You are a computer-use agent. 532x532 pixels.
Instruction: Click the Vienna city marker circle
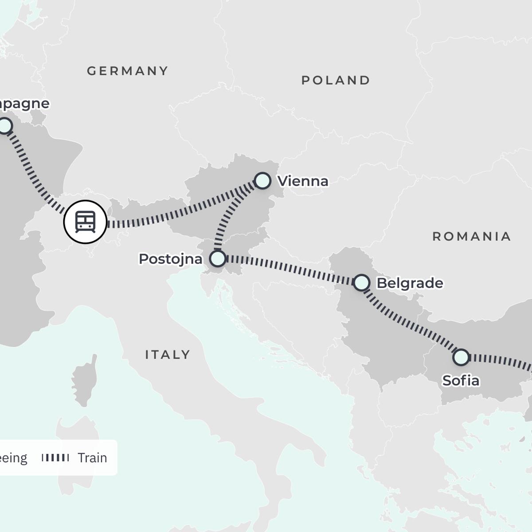(263, 181)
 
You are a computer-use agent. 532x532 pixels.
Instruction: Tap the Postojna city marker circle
(217, 258)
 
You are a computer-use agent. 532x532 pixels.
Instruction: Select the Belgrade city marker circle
(361, 282)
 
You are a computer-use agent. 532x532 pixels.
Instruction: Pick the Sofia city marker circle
(461, 357)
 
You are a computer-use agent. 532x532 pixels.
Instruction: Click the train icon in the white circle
(85, 222)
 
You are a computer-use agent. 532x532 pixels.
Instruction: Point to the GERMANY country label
(128, 71)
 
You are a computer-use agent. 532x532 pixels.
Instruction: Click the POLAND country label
(336, 80)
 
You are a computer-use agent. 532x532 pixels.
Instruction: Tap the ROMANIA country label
(472, 237)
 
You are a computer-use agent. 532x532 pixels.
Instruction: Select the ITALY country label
(168, 355)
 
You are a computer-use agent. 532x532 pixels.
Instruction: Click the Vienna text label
(303, 181)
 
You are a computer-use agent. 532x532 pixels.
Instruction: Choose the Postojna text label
(171, 259)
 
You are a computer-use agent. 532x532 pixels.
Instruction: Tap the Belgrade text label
(410, 283)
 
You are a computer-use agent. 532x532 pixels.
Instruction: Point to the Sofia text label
(461, 381)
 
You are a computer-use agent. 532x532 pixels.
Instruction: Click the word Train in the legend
(92, 458)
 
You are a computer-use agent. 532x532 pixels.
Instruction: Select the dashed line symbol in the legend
(55, 458)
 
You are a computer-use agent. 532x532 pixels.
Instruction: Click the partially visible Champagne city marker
(4, 126)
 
